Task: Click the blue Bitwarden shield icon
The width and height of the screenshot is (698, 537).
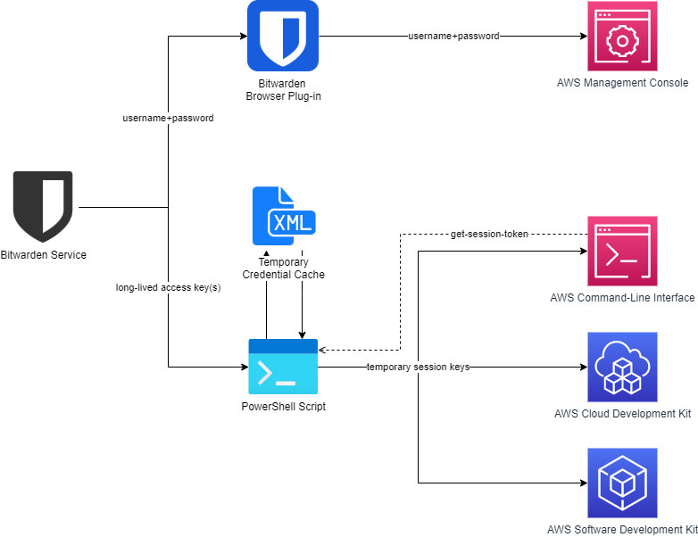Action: pos(283,36)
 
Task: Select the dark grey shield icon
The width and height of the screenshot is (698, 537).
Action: pos(43,206)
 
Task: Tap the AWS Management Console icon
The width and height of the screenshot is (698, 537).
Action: pos(622,37)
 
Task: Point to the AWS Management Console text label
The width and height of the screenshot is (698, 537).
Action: pos(622,83)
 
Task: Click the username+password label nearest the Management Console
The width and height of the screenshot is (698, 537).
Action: pos(453,37)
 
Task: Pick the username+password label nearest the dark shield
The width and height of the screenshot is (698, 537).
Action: pos(168,118)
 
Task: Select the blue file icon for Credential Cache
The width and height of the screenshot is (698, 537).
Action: pos(283,217)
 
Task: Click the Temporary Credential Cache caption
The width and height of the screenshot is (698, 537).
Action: pos(283,268)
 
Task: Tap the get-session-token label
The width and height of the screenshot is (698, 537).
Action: pos(489,235)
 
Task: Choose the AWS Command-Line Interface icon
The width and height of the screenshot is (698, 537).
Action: pos(622,251)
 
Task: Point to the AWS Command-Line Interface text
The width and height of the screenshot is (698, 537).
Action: pos(622,297)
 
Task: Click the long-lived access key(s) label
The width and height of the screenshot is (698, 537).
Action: pos(168,288)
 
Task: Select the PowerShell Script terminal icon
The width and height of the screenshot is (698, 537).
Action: pos(283,367)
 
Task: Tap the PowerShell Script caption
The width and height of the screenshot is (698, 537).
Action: pos(283,407)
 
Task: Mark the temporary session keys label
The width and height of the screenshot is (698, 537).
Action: pos(418,367)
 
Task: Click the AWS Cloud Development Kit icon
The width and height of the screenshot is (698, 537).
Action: pos(622,367)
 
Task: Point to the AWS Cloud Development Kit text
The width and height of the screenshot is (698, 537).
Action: pos(622,413)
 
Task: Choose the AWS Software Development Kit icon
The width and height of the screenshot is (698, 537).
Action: pos(622,483)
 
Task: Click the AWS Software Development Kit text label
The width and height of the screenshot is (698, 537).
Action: pos(622,529)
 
